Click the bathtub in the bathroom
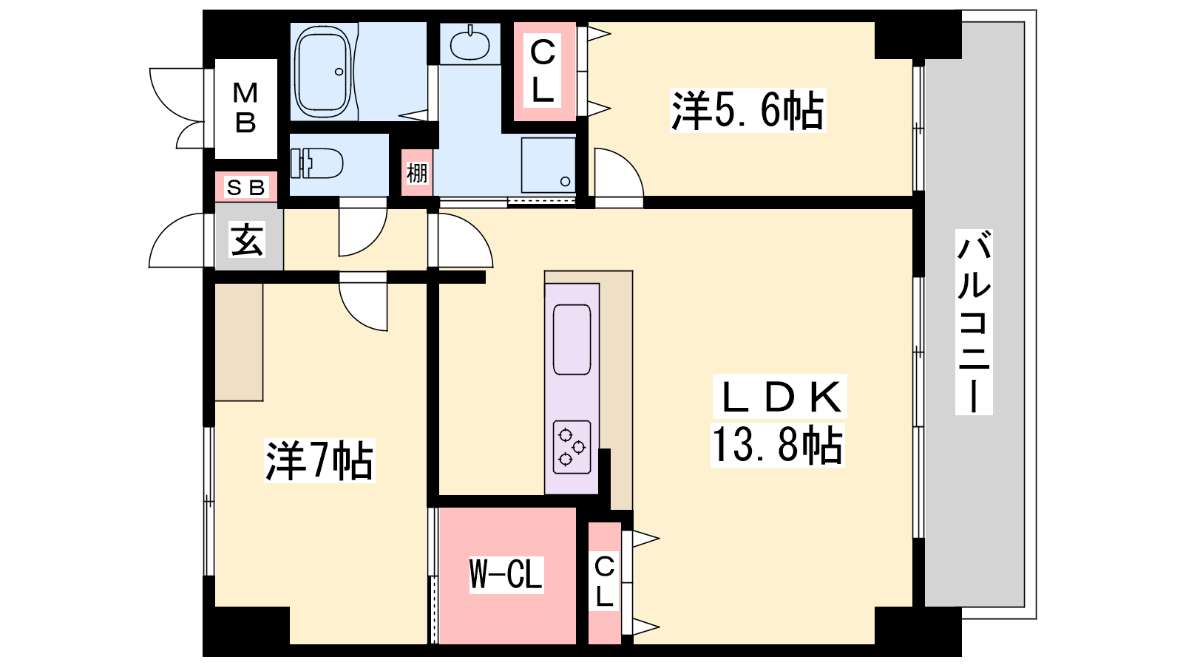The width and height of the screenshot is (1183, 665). click(x=322, y=71)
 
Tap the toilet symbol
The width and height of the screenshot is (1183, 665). click(x=317, y=163)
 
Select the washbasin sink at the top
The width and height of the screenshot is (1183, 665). click(x=470, y=44)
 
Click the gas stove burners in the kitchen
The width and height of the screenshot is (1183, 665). click(x=572, y=447)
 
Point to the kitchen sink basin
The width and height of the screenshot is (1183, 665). click(x=572, y=339)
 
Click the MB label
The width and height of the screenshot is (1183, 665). click(x=245, y=108)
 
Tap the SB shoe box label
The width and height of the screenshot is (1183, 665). click(x=245, y=187)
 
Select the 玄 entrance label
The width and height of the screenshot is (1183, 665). click(x=248, y=240)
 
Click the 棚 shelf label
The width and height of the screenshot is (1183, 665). click(x=417, y=173)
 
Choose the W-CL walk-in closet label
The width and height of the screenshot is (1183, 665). click(x=506, y=575)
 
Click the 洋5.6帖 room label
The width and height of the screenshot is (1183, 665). click(x=748, y=111)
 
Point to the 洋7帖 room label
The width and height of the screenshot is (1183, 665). click(x=319, y=460)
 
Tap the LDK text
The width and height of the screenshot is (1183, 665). click(x=781, y=397)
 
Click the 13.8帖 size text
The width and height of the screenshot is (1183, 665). click(x=777, y=446)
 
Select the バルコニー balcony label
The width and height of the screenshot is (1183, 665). click(x=974, y=321)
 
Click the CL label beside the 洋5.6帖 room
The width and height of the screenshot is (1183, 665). click(x=543, y=72)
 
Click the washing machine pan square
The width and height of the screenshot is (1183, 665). click(x=548, y=166)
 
